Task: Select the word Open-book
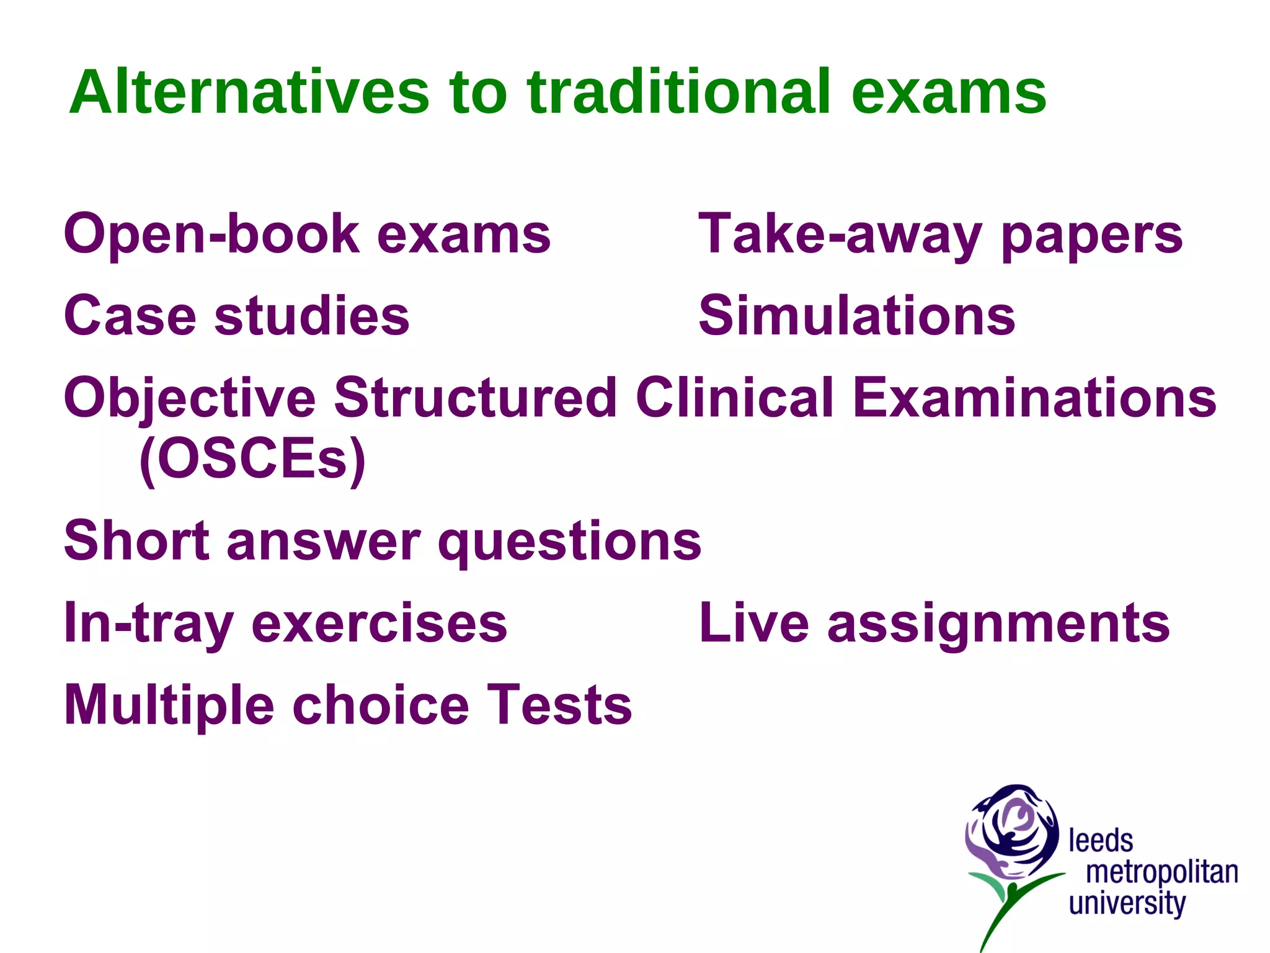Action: pyautogui.click(x=211, y=234)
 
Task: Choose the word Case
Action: pyautogui.click(x=130, y=316)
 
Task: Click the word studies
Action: pyautogui.click(x=311, y=316)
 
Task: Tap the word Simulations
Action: pyautogui.click(x=856, y=316)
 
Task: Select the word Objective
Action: pyautogui.click(x=190, y=399)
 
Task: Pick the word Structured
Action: pyautogui.click(x=475, y=398)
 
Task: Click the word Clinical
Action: pyautogui.click(x=734, y=398)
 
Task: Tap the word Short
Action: pyautogui.click(x=136, y=540)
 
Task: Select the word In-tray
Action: pyautogui.click(x=149, y=624)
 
